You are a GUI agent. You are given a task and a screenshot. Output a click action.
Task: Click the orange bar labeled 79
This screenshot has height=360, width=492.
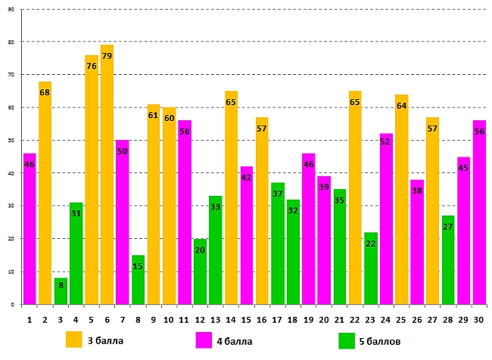click(x=107, y=189)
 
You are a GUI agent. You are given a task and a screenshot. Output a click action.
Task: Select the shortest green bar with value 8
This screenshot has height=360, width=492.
click(x=61, y=292)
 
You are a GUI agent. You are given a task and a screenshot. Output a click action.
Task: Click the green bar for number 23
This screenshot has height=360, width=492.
click(x=371, y=272)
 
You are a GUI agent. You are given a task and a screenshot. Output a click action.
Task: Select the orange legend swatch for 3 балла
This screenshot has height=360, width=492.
click(x=74, y=340)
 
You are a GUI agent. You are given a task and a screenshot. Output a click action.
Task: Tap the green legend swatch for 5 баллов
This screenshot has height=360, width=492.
click(x=347, y=340)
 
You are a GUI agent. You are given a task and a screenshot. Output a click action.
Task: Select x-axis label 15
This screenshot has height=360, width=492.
click(x=246, y=320)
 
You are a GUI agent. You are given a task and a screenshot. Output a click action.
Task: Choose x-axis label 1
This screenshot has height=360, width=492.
click(x=30, y=320)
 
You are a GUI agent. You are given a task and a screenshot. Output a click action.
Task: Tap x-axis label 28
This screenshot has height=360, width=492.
click(x=447, y=320)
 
